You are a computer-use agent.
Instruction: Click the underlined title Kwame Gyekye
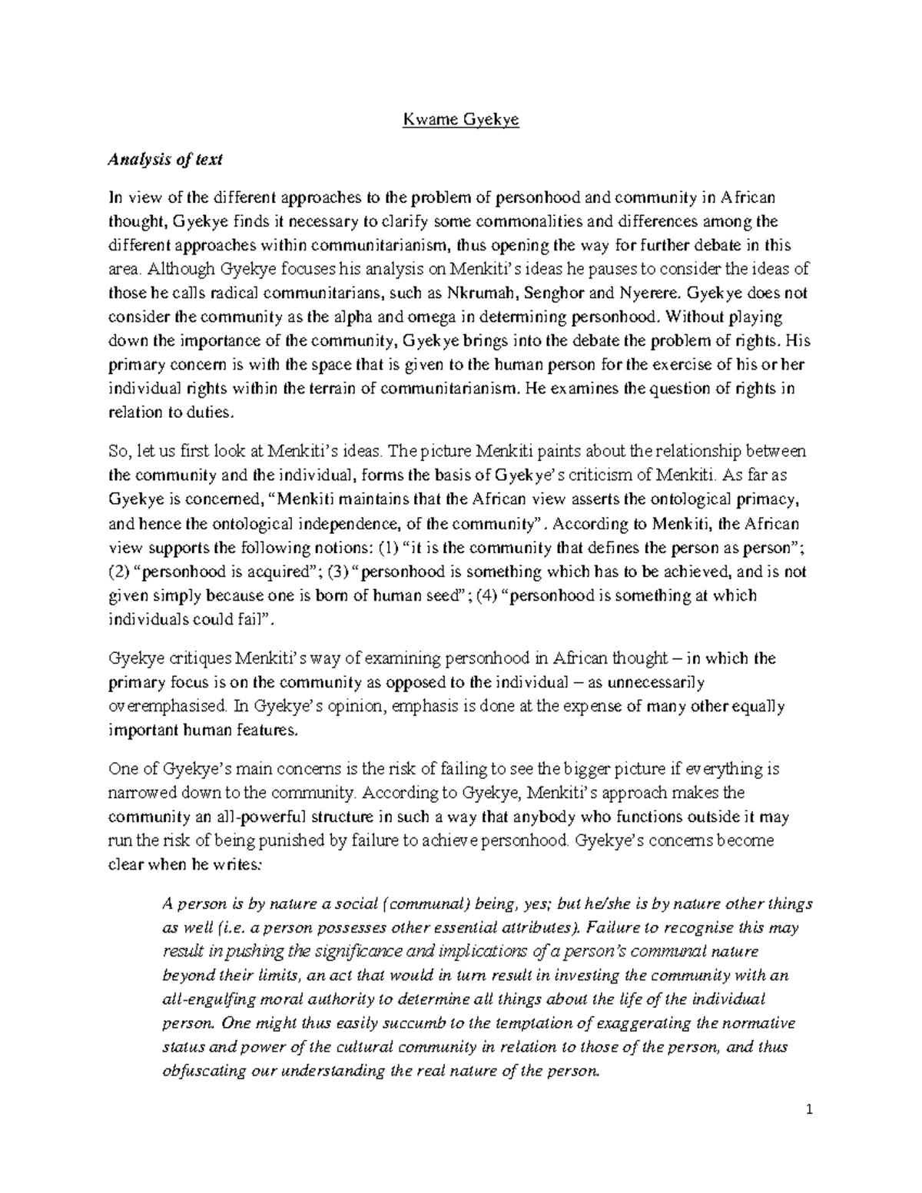pyautogui.click(x=461, y=121)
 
